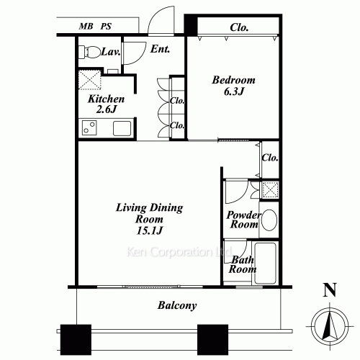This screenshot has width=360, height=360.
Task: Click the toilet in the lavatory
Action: click(x=89, y=52)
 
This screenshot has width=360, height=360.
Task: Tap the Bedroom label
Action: click(x=233, y=80)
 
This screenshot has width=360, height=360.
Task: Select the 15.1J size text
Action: click(x=150, y=230)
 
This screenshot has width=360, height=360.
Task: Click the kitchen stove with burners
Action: click(x=89, y=127)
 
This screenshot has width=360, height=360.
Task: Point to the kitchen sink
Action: click(x=122, y=128)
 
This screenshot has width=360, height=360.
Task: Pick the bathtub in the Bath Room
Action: click(x=265, y=264)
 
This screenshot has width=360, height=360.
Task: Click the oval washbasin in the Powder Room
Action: click(x=269, y=220)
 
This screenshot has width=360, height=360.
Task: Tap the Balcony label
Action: click(x=177, y=305)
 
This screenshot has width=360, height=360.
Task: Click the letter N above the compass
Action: click(x=330, y=290)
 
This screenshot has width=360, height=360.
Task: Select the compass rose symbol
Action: click(x=330, y=327)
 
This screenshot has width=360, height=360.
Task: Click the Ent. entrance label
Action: click(x=160, y=49)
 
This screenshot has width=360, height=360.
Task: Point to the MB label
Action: click(x=86, y=26)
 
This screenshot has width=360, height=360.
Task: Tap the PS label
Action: click(x=106, y=26)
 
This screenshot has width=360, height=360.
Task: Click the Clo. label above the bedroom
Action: click(x=239, y=27)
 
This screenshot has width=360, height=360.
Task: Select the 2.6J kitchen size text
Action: click(x=106, y=109)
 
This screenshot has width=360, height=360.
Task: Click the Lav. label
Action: click(x=111, y=51)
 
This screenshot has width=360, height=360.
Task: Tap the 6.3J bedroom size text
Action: click(x=234, y=91)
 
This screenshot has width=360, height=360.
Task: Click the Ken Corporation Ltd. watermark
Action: click(x=179, y=252)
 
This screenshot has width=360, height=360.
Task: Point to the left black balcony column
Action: click(x=76, y=340)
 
